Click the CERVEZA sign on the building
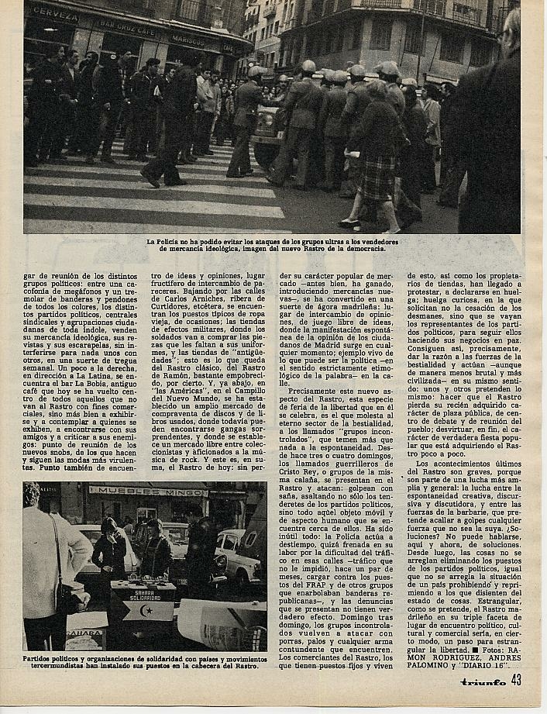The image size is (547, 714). tap(54, 14)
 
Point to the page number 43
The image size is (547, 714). tap(517, 681)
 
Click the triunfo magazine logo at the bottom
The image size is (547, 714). tap(483, 682)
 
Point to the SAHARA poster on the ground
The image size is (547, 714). tap(85, 634)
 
